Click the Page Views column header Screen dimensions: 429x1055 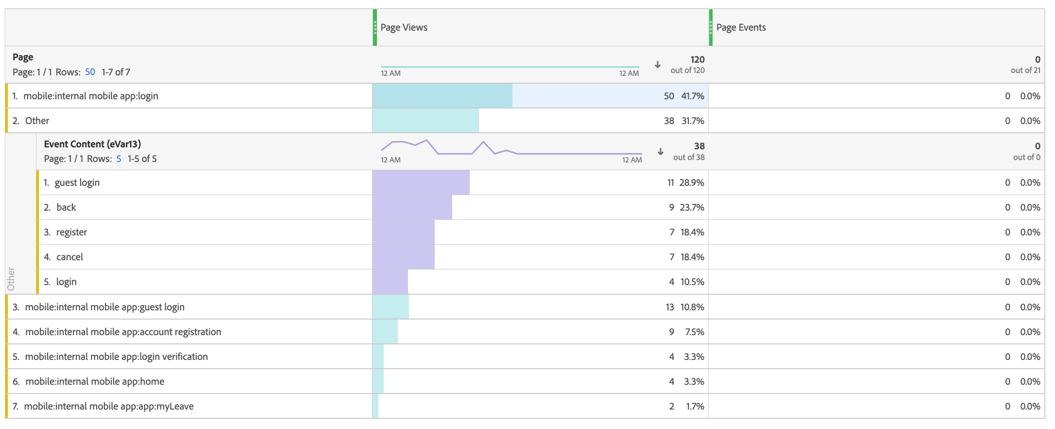pyautogui.click(x=404, y=28)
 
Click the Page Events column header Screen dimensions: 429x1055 pyautogui.click(x=741, y=28)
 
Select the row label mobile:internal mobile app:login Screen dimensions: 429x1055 pyautogui.click(x=91, y=96)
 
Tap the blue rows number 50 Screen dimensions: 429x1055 pyautogui.click(x=90, y=72)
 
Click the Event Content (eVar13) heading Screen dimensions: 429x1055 pyautogui.click(x=92, y=144)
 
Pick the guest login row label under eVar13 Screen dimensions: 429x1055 pyautogui.click(x=77, y=182)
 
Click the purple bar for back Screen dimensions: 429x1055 pyautogui.click(x=412, y=207)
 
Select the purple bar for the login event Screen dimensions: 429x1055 pyautogui.click(x=390, y=282)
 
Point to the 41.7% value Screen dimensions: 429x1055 pyautogui.click(x=692, y=96)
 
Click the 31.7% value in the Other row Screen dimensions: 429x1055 pyautogui.click(x=693, y=121)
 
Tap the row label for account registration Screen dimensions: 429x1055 pyautogui.click(x=123, y=332)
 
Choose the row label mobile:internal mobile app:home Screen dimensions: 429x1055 pyautogui.click(x=95, y=381)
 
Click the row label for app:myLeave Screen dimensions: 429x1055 pyautogui.click(x=109, y=406)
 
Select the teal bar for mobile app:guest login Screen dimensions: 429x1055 pyautogui.click(x=391, y=307)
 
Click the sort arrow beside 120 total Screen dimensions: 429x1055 pyautogui.click(x=658, y=65)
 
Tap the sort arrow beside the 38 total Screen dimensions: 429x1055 pyautogui.click(x=661, y=151)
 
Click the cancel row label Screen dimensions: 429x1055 pyautogui.click(x=69, y=257)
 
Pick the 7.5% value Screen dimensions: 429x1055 pyautogui.click(x=694, y=332)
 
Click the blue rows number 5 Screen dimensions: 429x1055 pyautogui.click(x=119, y=159)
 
